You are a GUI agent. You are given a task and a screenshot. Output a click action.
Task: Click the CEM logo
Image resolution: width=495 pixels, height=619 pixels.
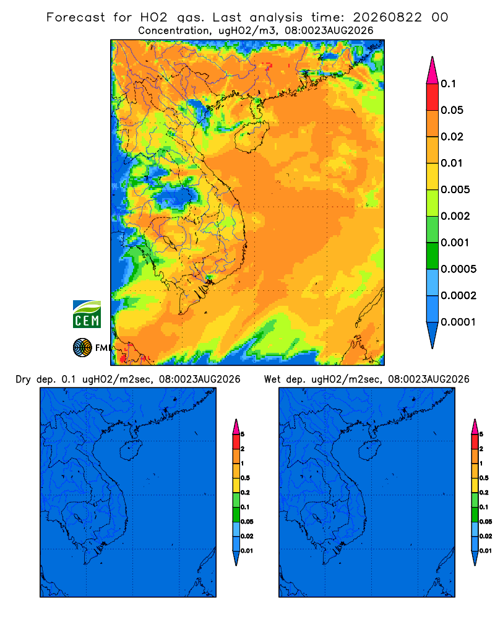(x=87, y=314)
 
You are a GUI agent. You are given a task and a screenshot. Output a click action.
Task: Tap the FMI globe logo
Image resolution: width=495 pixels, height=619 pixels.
(x=82, y=348)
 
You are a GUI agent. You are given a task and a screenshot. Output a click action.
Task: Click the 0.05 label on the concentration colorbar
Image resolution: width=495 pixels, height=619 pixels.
(x=452, y=110)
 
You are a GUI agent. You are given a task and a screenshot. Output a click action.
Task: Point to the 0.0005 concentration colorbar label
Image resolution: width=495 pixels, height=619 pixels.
(x=458, y=269)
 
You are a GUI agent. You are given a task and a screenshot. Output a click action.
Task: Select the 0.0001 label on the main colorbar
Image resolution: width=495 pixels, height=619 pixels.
(x=458, y=322)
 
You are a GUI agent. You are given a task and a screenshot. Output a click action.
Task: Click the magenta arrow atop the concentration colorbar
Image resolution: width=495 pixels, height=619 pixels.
(x=433, y=70)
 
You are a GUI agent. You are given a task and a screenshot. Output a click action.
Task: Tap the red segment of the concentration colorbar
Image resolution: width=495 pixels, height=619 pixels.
(x=433, y=97)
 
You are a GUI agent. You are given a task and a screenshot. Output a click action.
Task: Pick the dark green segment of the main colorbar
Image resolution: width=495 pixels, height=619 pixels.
(x=433, y=256)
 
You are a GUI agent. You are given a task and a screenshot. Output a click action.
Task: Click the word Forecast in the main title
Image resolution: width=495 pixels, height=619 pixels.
(x=75, y=17)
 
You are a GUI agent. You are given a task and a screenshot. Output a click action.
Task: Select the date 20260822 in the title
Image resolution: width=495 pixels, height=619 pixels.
(x=387, y=17)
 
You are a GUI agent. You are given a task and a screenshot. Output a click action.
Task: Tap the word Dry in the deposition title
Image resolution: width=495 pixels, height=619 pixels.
(x=23, y=379)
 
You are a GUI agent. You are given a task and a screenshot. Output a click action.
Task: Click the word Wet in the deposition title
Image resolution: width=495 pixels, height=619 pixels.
(x=272, y=379)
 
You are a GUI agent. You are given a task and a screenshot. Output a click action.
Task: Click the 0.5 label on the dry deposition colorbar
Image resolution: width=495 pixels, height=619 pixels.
(x=245, y=478)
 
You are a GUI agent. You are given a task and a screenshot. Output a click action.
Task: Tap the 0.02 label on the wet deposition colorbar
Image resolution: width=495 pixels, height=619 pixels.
(x=486, y=536)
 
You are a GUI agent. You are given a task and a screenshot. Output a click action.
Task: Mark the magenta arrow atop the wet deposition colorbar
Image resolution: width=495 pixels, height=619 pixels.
(x=475, y=426)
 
